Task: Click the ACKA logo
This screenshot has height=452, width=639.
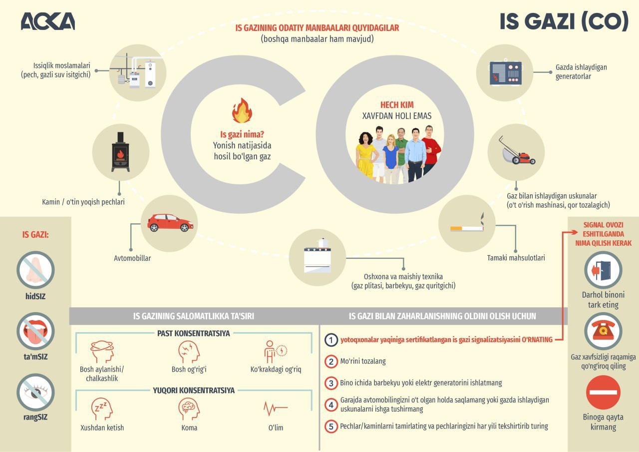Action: (48, 21)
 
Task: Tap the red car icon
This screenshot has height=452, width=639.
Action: (170, 223)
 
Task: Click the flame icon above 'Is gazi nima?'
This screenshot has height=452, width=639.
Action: (242, 111)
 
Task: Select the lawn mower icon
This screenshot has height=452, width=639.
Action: (516, 152)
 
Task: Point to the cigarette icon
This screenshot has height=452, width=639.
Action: (468, 227)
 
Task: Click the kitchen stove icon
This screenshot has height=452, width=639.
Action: (318, 257)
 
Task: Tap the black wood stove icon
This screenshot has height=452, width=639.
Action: (120, 152)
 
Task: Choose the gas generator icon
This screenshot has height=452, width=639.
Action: (505, 72)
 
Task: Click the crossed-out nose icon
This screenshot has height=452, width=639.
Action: (35, 270)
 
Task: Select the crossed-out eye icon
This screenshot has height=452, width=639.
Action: (35, 393)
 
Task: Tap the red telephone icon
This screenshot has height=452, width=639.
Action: (603, 330)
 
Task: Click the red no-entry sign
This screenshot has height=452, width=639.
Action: (603, 393)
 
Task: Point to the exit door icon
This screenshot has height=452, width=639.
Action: (603, 270)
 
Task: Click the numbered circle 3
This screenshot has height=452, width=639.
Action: (331, 383)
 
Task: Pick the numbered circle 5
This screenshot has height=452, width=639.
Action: (331, 427)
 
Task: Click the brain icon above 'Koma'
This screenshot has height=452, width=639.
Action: (189, 409)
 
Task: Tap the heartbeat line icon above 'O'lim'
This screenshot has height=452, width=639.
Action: (276, 409)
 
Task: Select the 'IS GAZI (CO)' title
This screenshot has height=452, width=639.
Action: (564, 21)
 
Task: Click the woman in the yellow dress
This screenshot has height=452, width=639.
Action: (365, 155)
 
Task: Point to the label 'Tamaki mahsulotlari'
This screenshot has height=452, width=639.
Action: (516, 258)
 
